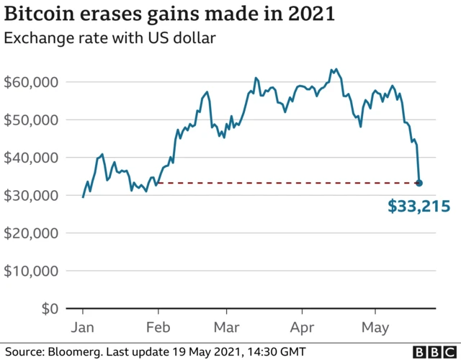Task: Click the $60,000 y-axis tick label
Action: (31, 82)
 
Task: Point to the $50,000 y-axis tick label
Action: (31, 120)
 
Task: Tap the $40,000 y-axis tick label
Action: (31, 158)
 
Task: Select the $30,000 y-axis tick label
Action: (31, 195)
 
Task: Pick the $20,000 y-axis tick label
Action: (31, 233)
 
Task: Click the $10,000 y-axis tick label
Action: (31, 271)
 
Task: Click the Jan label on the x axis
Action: (83, 328)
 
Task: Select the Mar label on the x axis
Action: (226, 328)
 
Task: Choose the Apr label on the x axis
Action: (300, 328)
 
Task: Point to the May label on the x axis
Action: (374, 328)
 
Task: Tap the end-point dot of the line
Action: (419, 183)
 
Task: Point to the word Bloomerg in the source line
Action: (75, 351)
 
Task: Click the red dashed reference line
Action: (288, 183)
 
